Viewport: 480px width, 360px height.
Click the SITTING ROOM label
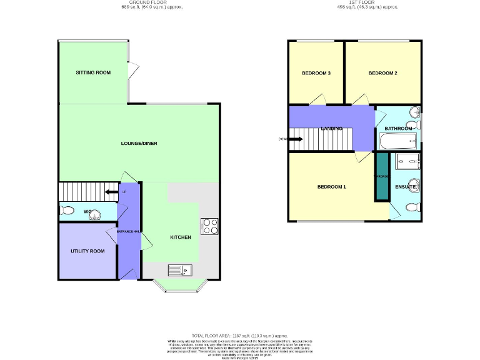(x=93, y=72)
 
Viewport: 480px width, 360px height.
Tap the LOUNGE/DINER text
(x=139, y=144)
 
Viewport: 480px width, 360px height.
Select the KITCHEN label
(x=181, y=237)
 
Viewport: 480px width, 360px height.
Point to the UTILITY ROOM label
(x=87, y=251)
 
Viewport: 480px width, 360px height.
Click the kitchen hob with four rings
(x=209, y=226)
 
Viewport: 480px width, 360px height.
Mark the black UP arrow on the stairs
(x=112, y=192)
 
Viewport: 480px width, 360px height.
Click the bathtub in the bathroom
(x=396, y=142)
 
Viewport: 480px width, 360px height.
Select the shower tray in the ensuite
(x=408, y=160)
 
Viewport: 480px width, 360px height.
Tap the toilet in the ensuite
(x=412, y=207)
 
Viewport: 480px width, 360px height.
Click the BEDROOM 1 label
(x=331, y=187)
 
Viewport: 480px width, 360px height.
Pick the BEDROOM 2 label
(x=382, y=73)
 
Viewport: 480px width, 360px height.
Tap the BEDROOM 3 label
(x=316, y=73)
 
